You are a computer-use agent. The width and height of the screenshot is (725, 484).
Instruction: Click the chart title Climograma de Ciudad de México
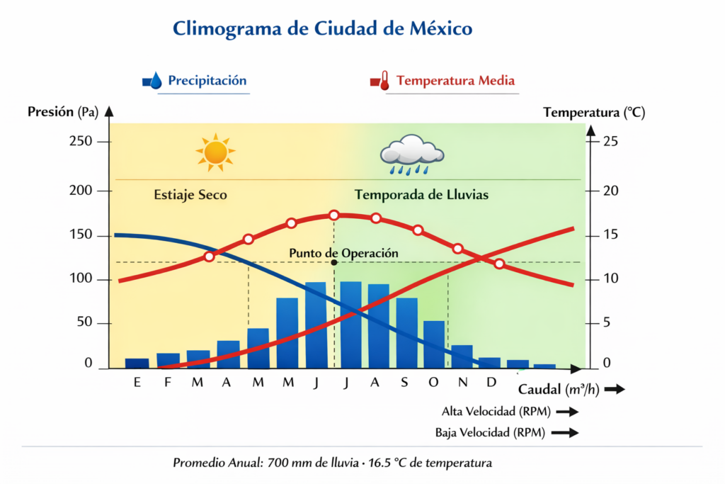(x=322, y=29)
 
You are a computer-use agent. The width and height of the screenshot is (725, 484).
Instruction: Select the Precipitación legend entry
(x=207, y=80)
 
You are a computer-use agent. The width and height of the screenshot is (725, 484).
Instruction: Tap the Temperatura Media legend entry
(x=455, y=80)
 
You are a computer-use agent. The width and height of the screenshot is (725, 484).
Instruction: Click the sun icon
(x=215, y=152)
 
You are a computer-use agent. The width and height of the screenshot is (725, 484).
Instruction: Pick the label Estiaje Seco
(x=190, y=194)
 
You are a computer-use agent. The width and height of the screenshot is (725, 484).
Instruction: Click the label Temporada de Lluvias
(x=421, y=194)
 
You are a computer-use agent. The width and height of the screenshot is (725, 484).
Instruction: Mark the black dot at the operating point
(x=334, y=262)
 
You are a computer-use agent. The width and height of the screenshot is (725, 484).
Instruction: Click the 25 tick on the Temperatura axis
(x=611, y=142)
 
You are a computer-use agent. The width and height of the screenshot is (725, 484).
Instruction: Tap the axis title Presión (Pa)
(x=62, y=111)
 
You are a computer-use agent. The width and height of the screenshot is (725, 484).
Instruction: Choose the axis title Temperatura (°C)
(x=593, y=112)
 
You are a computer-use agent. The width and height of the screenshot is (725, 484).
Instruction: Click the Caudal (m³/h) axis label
(x=559, y=389)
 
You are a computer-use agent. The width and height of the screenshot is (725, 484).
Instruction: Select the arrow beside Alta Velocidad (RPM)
(x=568, y=412)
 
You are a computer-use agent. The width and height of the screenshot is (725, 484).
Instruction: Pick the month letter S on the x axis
(x=404, y=383)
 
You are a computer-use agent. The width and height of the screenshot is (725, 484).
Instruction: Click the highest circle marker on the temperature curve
(x=334, y=215)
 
